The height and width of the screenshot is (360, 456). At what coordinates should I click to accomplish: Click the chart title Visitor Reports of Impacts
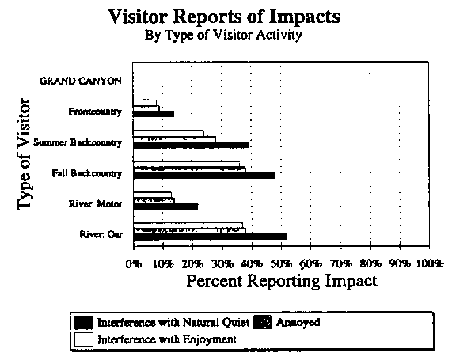224,17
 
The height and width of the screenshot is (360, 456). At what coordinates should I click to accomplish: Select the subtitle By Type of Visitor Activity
223,36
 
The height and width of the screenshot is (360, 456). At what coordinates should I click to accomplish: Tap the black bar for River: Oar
211,237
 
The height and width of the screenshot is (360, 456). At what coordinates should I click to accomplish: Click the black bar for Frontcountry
154,114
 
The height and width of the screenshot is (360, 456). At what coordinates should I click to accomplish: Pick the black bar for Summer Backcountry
191,145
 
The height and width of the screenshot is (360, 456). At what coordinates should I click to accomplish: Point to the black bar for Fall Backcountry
204,176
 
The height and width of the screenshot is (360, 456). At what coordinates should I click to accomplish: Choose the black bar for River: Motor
165,207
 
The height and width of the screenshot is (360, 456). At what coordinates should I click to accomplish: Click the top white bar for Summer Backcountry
169,134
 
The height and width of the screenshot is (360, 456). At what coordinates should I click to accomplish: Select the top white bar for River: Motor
152,195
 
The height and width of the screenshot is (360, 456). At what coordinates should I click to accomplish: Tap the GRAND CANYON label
80,81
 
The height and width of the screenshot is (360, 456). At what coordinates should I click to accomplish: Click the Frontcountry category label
95,112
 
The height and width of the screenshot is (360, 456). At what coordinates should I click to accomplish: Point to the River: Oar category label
101,234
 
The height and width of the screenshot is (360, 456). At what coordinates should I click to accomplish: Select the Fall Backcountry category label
86,173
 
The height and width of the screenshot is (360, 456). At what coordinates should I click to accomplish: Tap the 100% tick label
430,263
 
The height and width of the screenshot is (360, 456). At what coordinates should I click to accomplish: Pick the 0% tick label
134,263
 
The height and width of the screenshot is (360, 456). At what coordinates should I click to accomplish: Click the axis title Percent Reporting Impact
282,281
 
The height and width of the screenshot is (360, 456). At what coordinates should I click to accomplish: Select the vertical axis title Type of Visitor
24,154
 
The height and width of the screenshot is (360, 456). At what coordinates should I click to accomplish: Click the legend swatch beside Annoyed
263,322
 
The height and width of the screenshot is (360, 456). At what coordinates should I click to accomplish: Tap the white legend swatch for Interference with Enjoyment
84,339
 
